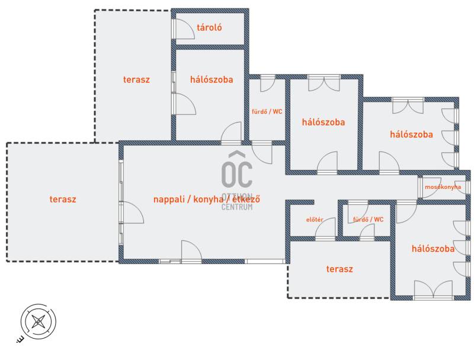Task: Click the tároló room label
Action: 209,28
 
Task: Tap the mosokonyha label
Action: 443,187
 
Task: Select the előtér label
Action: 315,220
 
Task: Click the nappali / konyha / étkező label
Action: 207,200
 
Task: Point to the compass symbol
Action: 39,322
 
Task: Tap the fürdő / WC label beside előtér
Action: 368,220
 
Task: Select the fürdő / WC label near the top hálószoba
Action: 267,111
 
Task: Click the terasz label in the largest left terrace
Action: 63,200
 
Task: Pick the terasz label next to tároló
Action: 136,80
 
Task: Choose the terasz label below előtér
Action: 340,269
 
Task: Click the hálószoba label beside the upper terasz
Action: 212,80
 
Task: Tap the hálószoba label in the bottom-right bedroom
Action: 433,249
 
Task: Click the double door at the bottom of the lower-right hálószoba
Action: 433,290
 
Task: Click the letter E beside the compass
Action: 20,339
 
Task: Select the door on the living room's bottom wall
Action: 191,250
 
